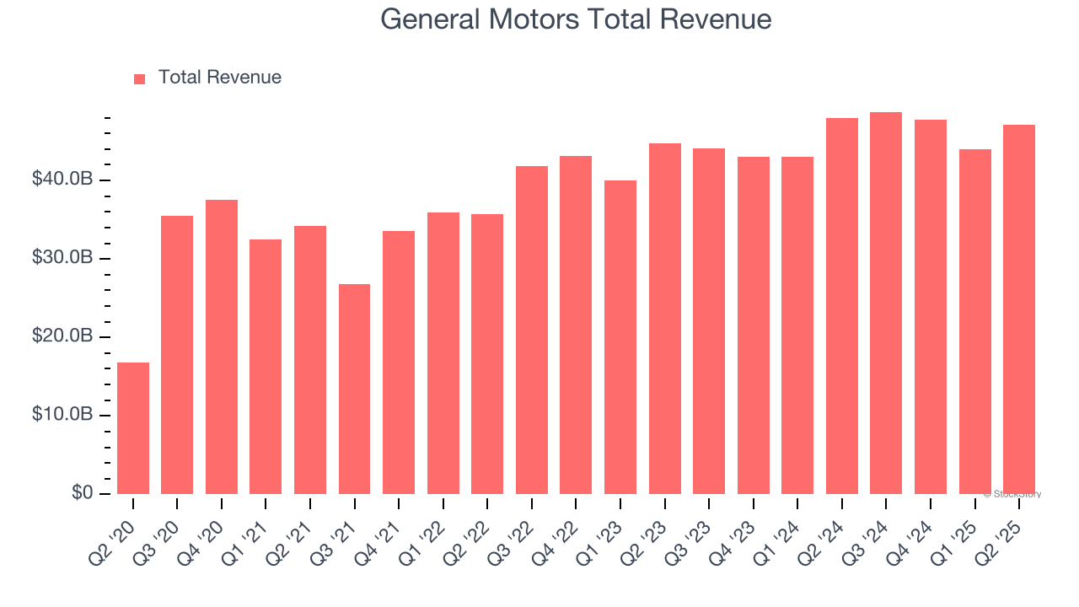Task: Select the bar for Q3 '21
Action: (x=354, y=389)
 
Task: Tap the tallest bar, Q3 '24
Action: (x=886, y=303)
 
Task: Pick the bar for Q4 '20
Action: (x=222, y=346)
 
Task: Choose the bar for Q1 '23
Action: (x=620, y=337)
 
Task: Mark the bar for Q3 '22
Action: (x=532, y=330)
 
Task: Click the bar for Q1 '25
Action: (x=974, y=321)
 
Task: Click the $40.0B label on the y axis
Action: (x=62, y=180)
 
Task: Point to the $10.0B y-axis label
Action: (x=62, y=415)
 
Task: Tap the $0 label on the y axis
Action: (x=81, y=492)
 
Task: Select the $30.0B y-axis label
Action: (x=62, y=258)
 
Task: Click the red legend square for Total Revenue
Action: (x=140, y=79)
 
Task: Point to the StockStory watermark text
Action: (x=1012, y=494)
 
